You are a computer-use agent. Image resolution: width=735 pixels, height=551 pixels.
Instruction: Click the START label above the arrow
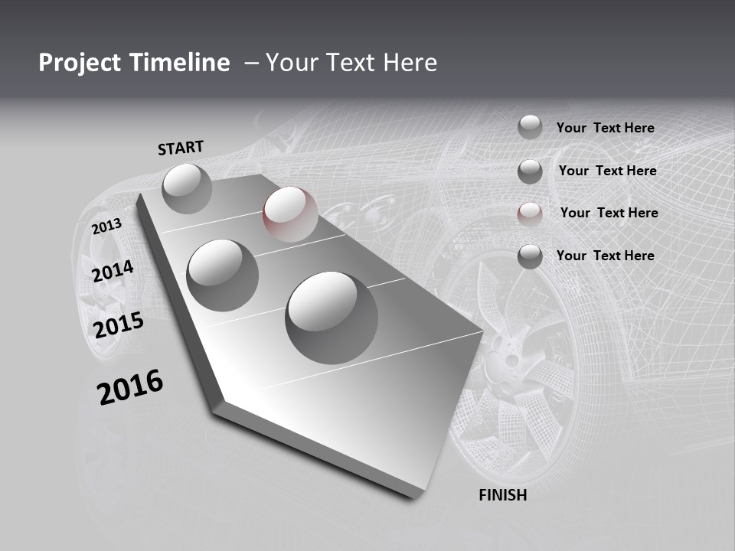tap(181, 148)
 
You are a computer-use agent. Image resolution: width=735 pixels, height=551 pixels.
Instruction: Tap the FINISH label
tap(502, 495)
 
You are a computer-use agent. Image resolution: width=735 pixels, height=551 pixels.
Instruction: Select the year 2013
tap(106, 227)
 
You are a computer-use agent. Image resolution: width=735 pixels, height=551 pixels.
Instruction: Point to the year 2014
tap(113, 271)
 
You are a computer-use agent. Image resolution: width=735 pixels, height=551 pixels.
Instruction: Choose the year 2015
tap(119, 325)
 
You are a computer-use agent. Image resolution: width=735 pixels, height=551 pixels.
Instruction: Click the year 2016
tap(130, 387)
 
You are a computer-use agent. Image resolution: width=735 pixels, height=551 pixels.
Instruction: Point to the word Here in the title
tap(408, 63)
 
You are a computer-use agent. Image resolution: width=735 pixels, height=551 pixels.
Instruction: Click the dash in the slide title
tap(251, 63)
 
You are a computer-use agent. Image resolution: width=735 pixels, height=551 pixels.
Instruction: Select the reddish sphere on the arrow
tap(290, 214)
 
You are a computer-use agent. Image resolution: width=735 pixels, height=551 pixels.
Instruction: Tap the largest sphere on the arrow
tap(332, 317)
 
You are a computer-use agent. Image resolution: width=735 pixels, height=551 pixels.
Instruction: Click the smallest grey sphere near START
tap(188, 188)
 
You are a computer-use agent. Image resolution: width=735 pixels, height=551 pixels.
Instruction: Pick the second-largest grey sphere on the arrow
tap(223, 275)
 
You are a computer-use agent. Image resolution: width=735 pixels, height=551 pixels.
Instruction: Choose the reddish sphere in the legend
tap(530, 214)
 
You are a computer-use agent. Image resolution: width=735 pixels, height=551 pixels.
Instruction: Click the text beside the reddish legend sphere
tap(609, 213)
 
